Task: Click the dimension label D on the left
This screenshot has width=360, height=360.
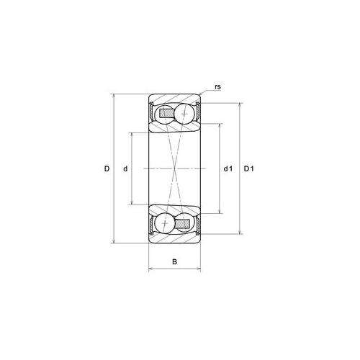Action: pos(106,168)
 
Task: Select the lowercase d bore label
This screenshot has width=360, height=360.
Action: pos(125,168)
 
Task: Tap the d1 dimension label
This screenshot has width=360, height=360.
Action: pos(228,168)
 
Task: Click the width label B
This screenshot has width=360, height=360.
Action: pos(174,261)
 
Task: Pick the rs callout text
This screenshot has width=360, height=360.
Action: pos(217,87)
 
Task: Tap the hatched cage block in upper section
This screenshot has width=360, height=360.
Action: pos(166,114)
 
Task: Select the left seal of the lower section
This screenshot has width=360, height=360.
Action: pos(151,224)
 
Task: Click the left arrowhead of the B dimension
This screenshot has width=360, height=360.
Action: pos(150,270)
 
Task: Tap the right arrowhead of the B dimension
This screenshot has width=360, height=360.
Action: pos(199,270)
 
